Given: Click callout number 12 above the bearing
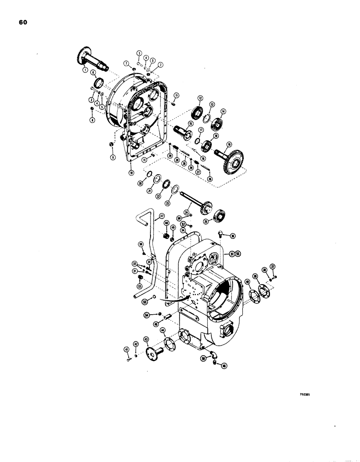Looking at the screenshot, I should [201, 98].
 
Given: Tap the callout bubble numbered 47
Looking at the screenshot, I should [162, 216].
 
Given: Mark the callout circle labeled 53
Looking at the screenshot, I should [145, 302].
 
